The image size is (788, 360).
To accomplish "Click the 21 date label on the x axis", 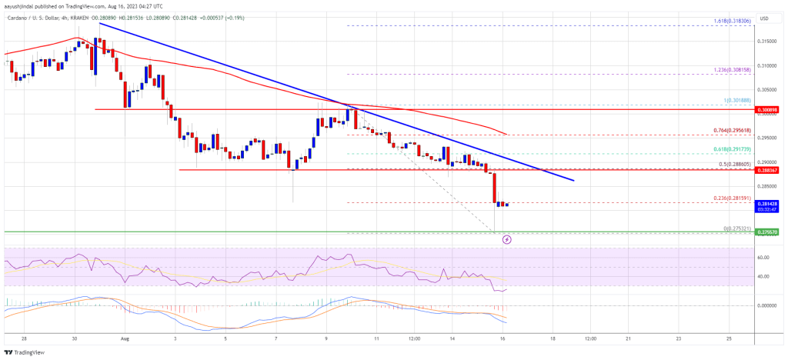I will [628, 337].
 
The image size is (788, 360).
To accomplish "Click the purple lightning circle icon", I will [506, 239].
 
